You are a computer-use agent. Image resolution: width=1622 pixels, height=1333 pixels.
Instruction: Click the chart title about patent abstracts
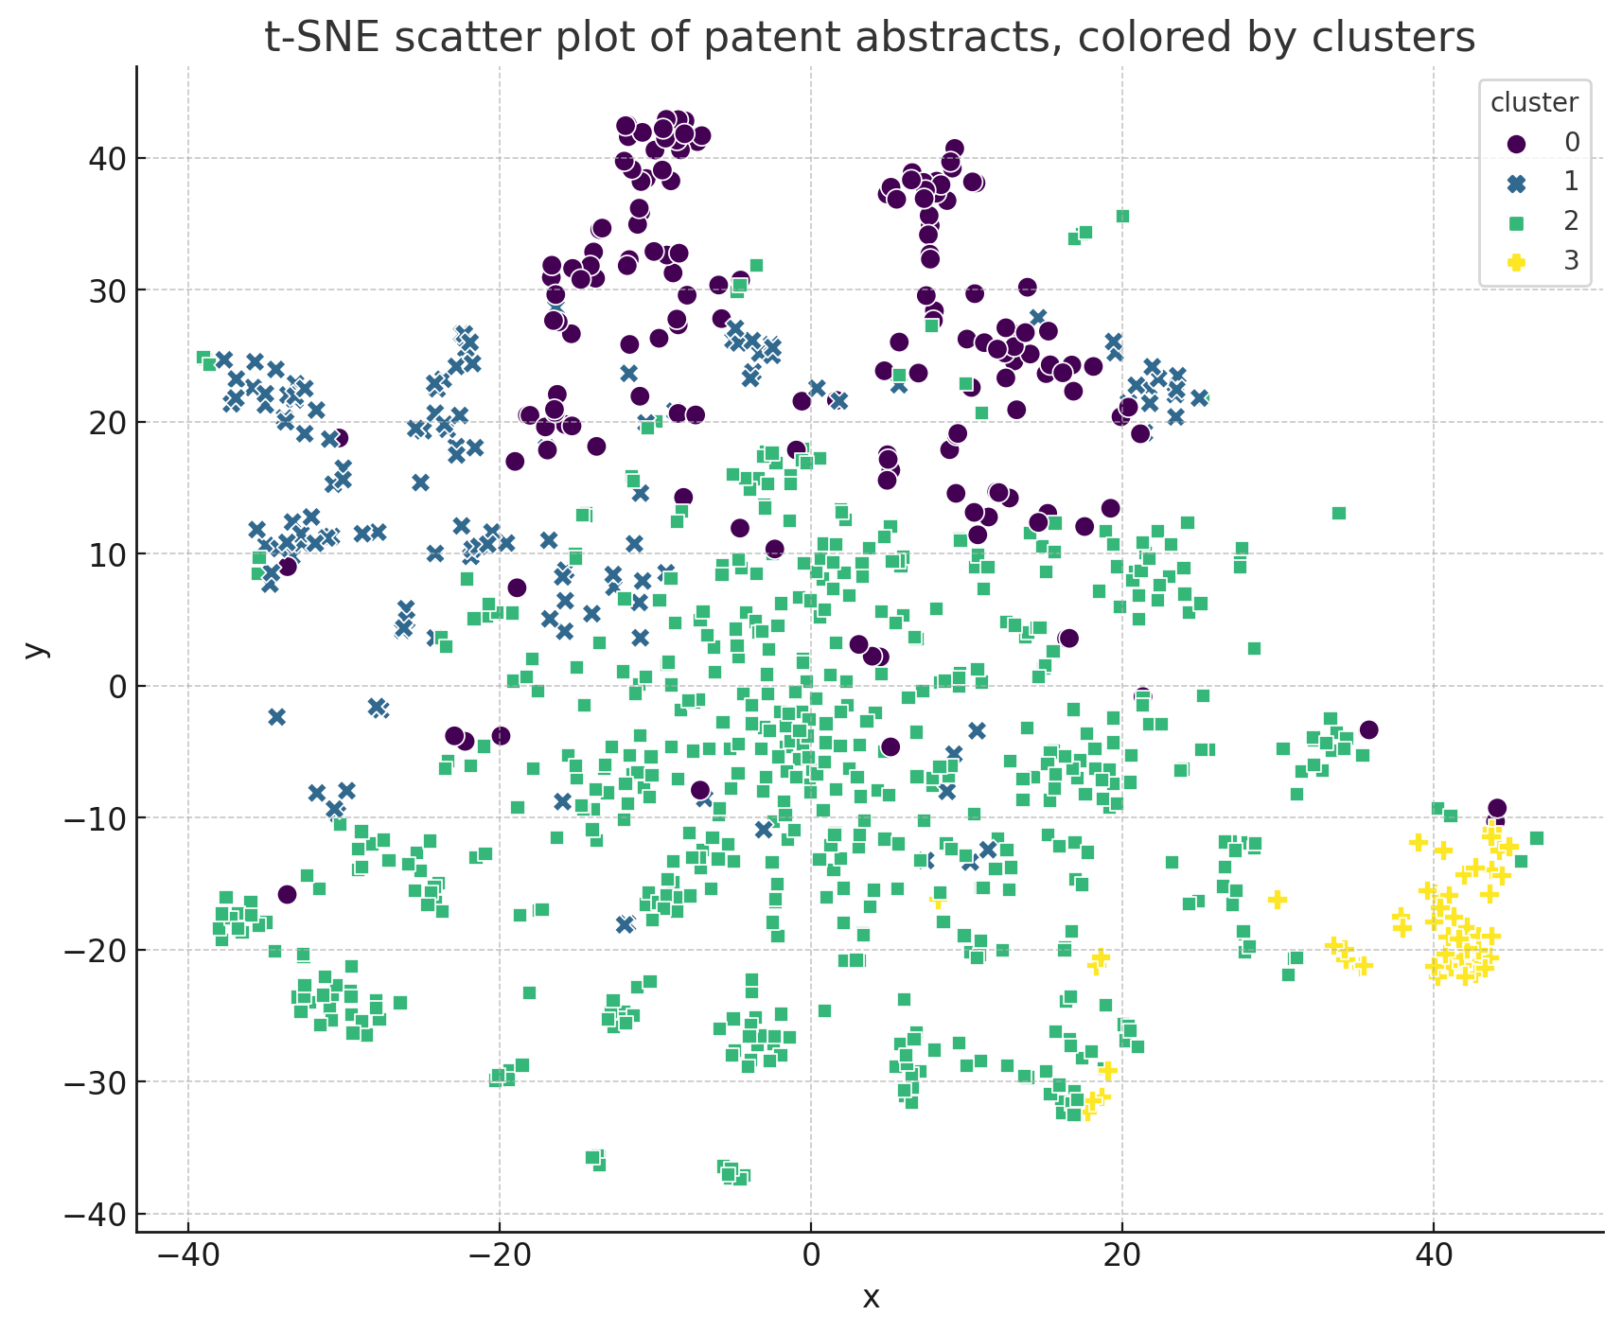[x=870, y=38]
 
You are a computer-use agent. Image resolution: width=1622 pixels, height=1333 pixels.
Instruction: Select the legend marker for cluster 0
[x=1516, y=143]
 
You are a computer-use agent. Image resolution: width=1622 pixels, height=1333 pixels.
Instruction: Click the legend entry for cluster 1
[x=1516, y=182]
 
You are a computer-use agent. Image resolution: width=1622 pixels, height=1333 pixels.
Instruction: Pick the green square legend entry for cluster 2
[x=1516, y=221]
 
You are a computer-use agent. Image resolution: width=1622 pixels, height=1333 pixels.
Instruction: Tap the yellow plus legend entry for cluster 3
[x=1516, y=261]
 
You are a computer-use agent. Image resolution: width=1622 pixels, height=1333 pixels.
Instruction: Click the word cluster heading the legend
[x=1534, y=103]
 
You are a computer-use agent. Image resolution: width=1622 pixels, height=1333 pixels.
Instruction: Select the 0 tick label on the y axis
[x=115, y=686]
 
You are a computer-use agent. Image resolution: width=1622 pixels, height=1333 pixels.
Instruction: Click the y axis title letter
[x=36, y=649]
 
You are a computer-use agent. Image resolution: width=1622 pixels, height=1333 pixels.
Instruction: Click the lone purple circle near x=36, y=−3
[x=1368, y=729]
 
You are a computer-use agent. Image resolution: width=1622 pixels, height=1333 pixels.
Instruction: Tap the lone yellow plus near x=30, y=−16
[x=1277, y=899]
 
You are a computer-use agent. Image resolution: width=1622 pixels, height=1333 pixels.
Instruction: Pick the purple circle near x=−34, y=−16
[x=288, y=894]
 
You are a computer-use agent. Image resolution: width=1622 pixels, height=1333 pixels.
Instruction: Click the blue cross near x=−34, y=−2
[x=276, y=716]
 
